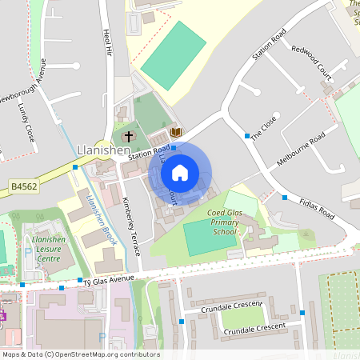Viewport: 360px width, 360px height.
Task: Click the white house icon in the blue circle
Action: pyautogui.click(x=180, y=172)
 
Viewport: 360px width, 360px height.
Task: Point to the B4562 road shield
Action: pyautogui.click(x=24, y=186)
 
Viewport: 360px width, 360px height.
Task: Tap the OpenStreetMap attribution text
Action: pyautogui.click(x=80, y=354)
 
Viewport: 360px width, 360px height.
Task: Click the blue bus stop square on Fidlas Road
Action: pyautogui.click(x=284, y=197)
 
